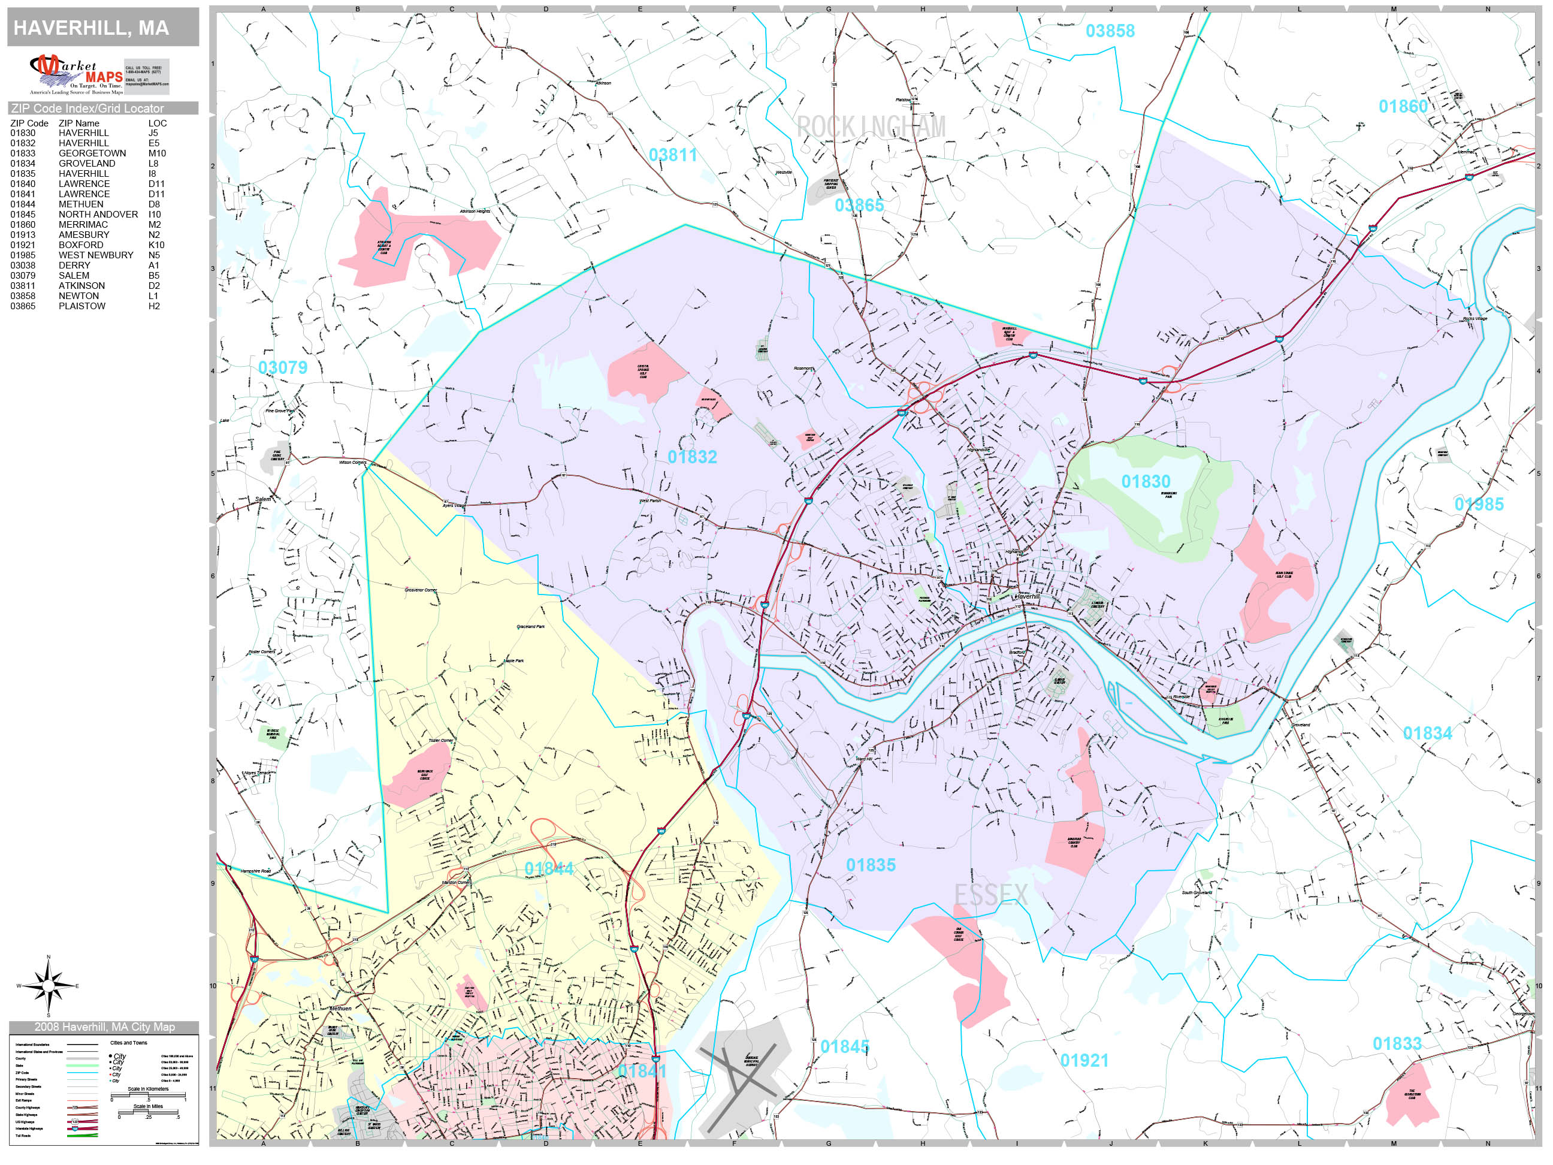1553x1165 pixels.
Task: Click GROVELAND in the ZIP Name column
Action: (x=86, y=164)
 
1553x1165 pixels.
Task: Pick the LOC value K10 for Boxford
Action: (x=156, y=245)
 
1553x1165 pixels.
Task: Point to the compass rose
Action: (x=48, y=986)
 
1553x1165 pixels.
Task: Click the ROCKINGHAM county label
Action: (x=871, y=127)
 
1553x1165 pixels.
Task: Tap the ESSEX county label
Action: (x=990, y=895)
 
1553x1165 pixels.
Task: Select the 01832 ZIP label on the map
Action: (x=691, y=457)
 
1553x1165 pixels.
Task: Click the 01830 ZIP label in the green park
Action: (x=1145, y=482)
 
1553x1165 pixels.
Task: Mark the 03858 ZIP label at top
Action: (x=1109, y=31)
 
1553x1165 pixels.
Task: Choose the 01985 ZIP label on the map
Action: (x=1478, y=504)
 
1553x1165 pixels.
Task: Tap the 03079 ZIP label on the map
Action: (x=282, y=367)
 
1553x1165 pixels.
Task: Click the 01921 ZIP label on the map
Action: (x=1083, y=1060)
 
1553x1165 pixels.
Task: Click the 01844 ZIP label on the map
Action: (x=548, y=869)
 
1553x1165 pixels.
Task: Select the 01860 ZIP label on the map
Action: (x=1403, y=107)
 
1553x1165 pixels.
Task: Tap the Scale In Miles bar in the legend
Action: (x=148, y=1112)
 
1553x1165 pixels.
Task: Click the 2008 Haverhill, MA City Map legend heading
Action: (x=104, y=1027)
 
